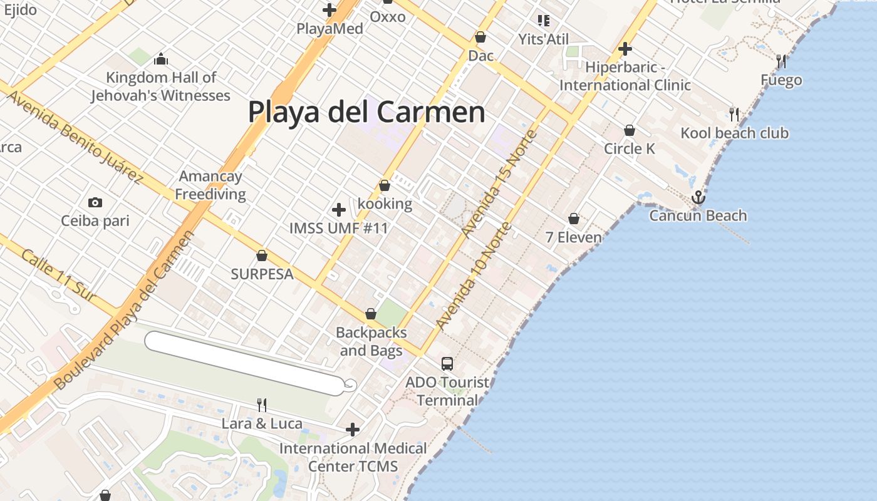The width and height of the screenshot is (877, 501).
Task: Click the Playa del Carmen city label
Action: (x=366, y=113)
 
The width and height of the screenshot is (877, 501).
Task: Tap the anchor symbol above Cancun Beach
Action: (x=698, y=198)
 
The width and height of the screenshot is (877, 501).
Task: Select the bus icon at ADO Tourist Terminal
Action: (x=447, y=363)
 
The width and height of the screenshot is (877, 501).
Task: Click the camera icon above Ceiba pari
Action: (x=95, y=202)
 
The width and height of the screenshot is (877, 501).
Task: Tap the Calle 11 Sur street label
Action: (x=59, y=276)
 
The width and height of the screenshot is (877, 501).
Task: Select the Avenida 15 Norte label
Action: (x=499, y=183)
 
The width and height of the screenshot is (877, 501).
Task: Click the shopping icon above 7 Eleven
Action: (x=573, y=219)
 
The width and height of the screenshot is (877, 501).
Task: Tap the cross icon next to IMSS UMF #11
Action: (x=339, y=210)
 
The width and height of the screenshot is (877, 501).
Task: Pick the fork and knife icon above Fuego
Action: (x=781, y=61)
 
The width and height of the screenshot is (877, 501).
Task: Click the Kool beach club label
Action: (x=734, y=133)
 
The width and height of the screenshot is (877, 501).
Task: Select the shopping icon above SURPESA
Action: (x=262, y=256)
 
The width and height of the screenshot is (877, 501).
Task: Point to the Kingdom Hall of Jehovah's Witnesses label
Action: (x=161, y=86)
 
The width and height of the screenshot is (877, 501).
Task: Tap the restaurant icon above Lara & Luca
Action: (x=262, y=405)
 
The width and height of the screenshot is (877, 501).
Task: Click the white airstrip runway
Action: (x=244, y=363)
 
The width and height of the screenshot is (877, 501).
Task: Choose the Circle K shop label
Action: (x=629, y=148)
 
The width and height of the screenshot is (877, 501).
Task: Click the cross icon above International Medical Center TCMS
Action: (x=353, y=430)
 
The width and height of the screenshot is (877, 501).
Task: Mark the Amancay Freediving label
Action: (x=210, y=185)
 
